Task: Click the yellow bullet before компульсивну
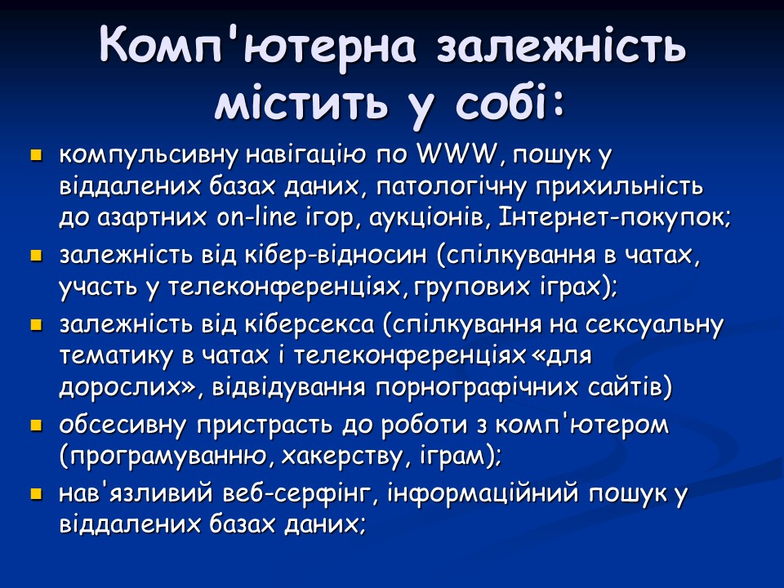[x=35, y=154]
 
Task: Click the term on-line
[x=259, y=217]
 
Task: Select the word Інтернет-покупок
[x=612, y=217]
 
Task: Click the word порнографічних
[x=458, y=387]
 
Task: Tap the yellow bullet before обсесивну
[x=35, y=425]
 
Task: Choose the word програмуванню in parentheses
[x=165, y=457]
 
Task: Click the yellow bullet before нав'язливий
[x=35, y=494]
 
